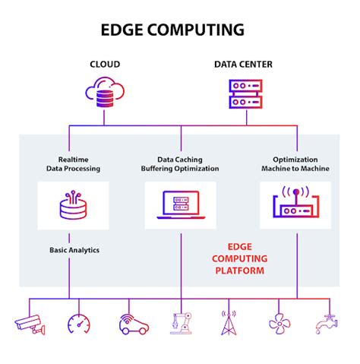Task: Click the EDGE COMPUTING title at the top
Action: click(172, 30)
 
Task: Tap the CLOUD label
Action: click(105, 65)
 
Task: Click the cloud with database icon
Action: click(105, 93)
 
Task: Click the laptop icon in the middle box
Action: click(181, 204)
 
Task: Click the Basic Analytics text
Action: click(74, 249)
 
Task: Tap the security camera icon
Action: click(30, 324)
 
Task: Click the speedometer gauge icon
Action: click(79, 324)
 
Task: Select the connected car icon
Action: click(131, 324)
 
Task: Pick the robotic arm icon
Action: click(181, 324)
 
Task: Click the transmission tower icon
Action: click(229, 324)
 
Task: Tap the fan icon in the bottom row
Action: click(279, 324)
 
